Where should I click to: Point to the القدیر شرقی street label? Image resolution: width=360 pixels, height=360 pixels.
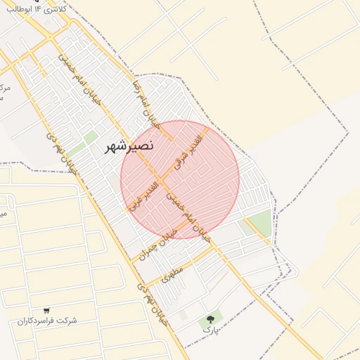[189, 149]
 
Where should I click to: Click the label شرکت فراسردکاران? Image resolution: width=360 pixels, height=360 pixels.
[47, 321]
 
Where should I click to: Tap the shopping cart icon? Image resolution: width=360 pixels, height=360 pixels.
[46, 310]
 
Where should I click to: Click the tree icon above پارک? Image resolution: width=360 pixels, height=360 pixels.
[210, 319]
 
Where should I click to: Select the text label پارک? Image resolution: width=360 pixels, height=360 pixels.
[210, 329]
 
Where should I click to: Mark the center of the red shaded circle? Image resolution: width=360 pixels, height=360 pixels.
[180, 179]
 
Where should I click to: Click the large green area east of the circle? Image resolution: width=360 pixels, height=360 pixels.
[257, 223]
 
